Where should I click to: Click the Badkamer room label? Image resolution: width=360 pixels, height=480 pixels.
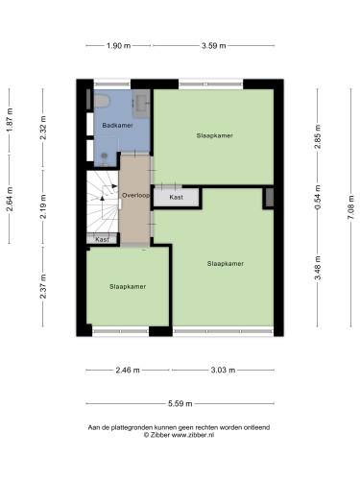tap(117, 125)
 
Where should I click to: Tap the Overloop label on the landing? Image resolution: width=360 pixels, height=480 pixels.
tap(135, 195)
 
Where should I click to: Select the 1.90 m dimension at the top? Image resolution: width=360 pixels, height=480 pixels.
tap(118, 46)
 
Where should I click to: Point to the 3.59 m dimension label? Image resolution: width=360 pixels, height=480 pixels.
tap(213, 46)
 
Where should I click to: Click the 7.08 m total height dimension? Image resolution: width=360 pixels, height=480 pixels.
tap(351, 207)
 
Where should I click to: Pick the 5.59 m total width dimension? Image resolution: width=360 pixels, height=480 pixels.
tap(180, 403)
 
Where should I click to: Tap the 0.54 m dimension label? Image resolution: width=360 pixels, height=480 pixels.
tap(318, 198)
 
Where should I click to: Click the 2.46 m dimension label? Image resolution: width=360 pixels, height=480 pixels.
tap(128, 371)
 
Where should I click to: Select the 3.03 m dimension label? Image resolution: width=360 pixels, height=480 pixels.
tap(223, 371)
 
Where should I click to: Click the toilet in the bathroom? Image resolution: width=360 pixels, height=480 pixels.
tap(102, 101)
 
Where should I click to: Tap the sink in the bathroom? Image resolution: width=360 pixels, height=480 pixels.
tap(141, 102)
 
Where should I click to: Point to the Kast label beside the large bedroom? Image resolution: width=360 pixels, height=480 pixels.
tap(177, 197)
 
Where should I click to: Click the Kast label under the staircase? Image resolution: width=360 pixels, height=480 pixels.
tap(102, 239)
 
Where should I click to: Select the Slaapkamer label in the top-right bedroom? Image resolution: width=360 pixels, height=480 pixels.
tap(214, 135)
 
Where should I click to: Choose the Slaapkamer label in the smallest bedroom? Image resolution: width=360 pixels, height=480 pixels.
tap(128, 287)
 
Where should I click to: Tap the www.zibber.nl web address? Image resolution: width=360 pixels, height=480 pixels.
tap(193, 435)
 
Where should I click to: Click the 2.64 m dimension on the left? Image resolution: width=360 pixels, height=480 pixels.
tap(11, 199)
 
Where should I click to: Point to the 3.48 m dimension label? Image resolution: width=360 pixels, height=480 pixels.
tap(318, 268)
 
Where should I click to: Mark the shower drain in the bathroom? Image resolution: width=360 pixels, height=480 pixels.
tap(105, 156)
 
